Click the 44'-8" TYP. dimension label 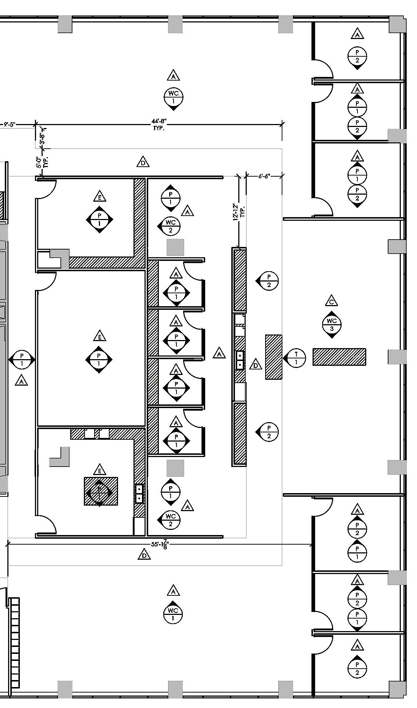click(159, 125)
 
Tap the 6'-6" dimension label click(264, 176)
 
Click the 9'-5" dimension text click(9, 124)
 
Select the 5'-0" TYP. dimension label click(42, 162)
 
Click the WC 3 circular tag click(332, 324)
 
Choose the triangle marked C click(332, 301)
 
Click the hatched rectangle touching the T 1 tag click(274, 357)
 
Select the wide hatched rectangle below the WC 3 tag click(339, 357)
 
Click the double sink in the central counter click(240, 360)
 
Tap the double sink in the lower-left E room click(139, 493)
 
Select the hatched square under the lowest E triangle click(101, 491)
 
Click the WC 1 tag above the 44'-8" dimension click(174, 97)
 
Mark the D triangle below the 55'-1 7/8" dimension click(144, 555)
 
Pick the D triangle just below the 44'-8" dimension click(143, 162)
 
